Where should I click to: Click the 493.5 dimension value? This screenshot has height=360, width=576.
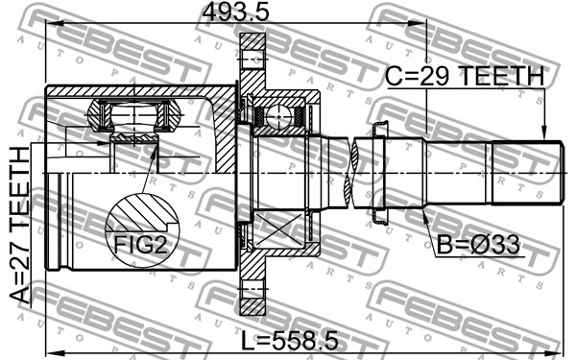tap(236, 12)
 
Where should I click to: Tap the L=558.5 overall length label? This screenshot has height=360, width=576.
tap(290, 340)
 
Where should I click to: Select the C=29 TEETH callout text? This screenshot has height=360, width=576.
tap(465, 76)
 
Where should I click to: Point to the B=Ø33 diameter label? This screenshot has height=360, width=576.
tap(478, 245)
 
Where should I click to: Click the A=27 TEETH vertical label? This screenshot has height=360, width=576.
tap(19, 226)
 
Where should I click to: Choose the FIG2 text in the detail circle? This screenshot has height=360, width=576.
tap(141, 245)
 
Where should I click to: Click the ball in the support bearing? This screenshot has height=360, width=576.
tap(279, 117)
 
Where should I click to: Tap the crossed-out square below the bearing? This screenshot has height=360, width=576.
tap(278, 228)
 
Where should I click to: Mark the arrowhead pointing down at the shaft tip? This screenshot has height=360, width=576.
tap(544, 133)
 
